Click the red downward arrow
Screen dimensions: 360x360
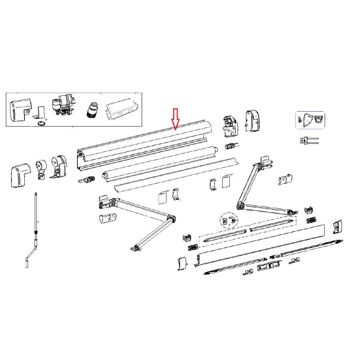[x=175, y=119]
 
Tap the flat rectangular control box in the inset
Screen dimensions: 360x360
[x=122, y=107]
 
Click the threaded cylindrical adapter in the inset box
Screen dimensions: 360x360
[x=92, y=109]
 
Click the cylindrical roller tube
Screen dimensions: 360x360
[x=158, y=162]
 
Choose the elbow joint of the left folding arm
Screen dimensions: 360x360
[x=171, y=219]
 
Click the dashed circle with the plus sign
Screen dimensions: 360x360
[x=229, y=221]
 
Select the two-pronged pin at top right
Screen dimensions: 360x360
[x=309, y=140]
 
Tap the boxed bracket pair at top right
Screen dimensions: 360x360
[x=310, y=120]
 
